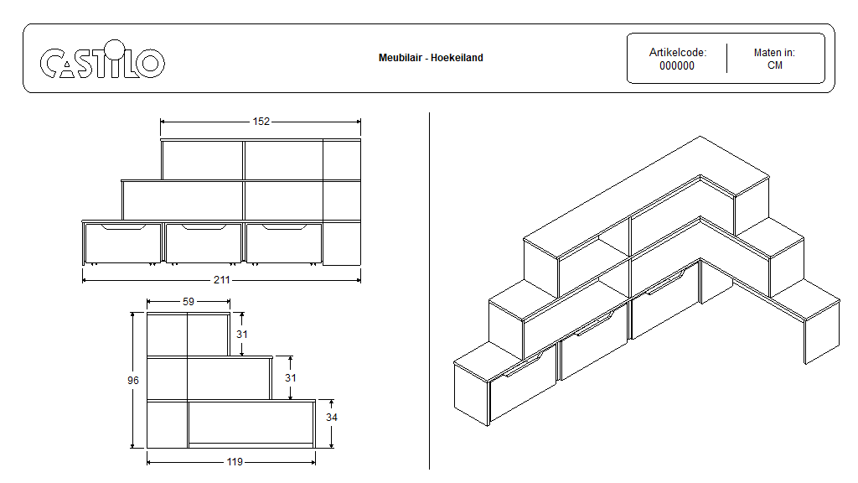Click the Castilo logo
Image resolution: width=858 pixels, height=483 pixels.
pyautogui.click(x=102, y=60)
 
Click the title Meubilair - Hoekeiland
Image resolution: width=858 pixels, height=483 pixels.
pyautogui.click(x=431, y=58)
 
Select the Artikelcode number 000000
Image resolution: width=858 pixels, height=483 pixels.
pyautogui.click(x=677, y=65)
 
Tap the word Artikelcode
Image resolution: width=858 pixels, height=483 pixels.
pyautogui.click(x=677, y=53)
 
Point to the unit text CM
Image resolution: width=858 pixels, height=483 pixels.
pyautogui.click(x=775, y=65)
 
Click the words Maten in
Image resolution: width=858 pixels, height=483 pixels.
pyautogui.click(x=774, y=53)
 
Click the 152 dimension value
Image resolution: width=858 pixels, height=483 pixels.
pyautogui.click(x=261, y=122)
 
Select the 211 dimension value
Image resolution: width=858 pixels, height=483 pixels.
pyautogui.click(x=221, y=280)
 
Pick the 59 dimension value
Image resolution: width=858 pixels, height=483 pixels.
pyautogui.click(x=189, y=302)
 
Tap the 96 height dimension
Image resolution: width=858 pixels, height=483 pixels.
pyautogui.click(x=133, y=381)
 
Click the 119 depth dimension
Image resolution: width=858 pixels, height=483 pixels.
pyautogui.click(x=235, y=462)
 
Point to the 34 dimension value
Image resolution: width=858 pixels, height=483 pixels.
pyautogui.click(x=332, y=418)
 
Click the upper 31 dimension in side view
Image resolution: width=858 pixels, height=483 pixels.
pyautogui.click(x=242, y=334)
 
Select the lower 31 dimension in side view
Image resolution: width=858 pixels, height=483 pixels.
pyautogui.click(x=291, y=378)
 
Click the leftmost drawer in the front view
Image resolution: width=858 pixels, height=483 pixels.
pyautogui.click(x=122, y=242)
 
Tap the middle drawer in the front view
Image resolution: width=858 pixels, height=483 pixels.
pyautogui.click(x=204, y=242)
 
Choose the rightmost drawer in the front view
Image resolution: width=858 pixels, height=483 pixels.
pyautogui.click(x=284, y=242)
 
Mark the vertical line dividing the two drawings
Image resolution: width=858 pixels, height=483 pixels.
pyautogui.click(x=430, y=291)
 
